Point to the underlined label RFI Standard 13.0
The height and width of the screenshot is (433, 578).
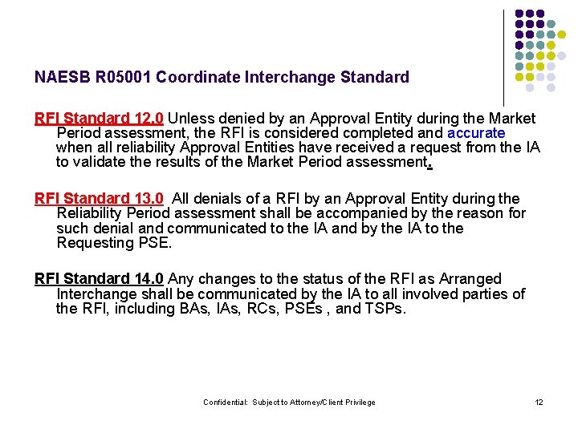(x=100, y=199)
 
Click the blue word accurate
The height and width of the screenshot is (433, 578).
(x=476, y=133)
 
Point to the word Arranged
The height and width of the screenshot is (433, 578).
(x=469, y=279)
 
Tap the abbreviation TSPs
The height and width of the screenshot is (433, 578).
(x=385, y=309)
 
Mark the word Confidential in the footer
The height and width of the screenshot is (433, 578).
(x=225, y=403)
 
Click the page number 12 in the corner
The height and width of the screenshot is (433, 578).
(x=539, y=402)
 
